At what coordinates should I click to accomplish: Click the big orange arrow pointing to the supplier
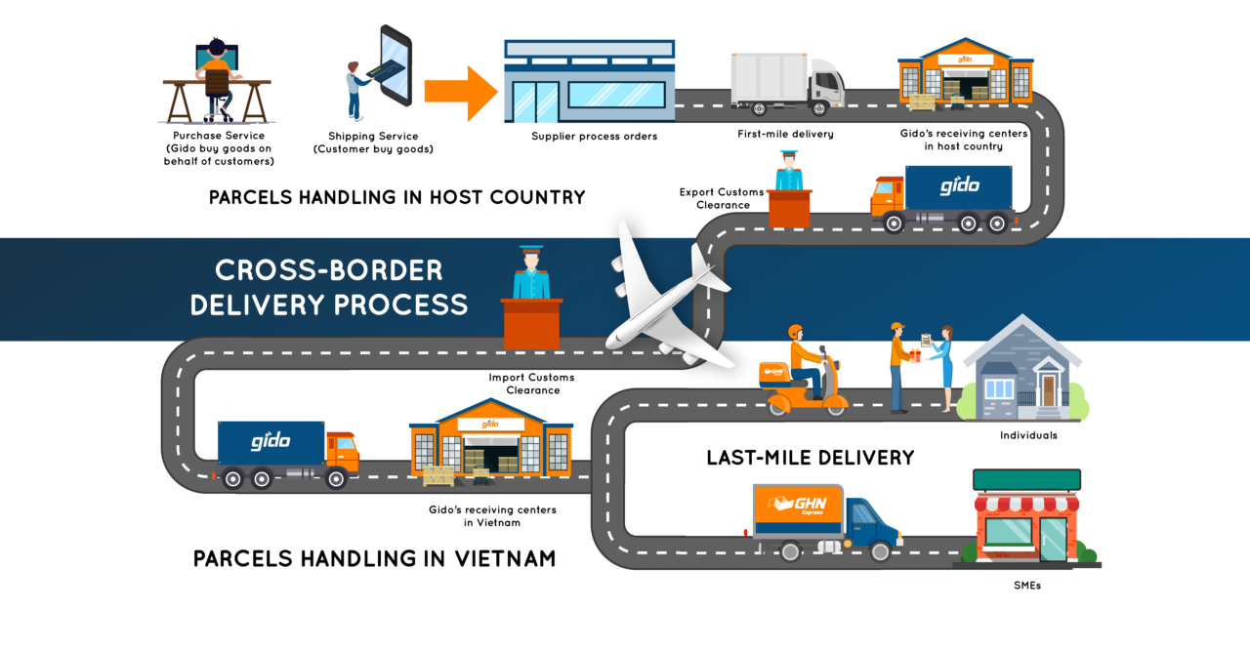click(461, 93)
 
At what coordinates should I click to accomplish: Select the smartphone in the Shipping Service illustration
click(396, 65)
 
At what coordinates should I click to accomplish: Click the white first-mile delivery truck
click(788, 84)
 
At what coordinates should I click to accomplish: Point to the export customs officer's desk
click(789, 208)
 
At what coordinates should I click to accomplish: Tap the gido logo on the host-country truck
click(959, 185)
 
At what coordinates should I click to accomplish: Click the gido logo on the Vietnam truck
click(271, 440)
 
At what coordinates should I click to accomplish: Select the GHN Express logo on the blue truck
click(798, 505)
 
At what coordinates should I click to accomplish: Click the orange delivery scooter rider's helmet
click(795, 332)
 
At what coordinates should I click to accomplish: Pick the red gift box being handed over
click(915, 355)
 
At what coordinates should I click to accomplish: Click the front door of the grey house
click(1049, 390)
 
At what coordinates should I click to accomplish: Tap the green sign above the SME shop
click(1026, 480)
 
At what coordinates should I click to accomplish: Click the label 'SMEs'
click(1027, 586)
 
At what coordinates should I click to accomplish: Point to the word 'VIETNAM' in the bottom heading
click(505, 558)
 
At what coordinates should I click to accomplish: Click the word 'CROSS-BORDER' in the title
click(329, 270)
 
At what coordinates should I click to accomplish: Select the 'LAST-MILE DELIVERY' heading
click(811, 458)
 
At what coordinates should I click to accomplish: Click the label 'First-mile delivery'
click(786, 134)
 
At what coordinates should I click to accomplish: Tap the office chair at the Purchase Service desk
click(218, 95)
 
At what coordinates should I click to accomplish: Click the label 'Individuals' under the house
click(1028, 435)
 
